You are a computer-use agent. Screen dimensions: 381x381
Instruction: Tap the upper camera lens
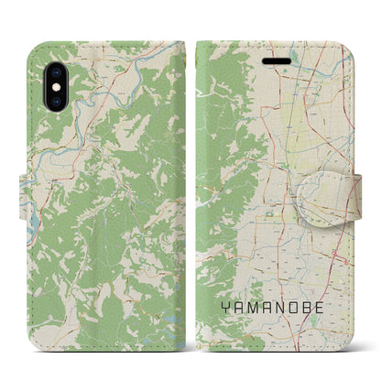pos(49,57)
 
